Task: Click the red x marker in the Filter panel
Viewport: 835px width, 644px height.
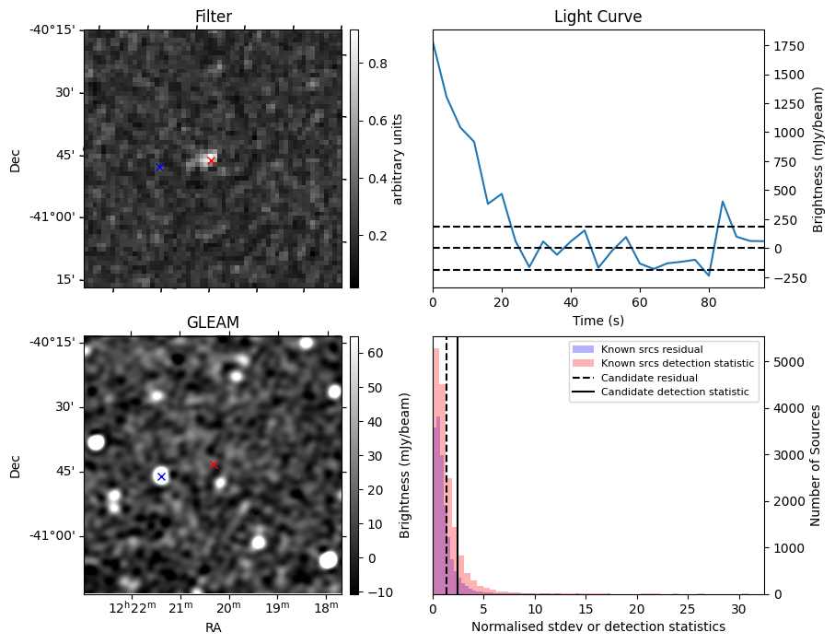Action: point(211,160)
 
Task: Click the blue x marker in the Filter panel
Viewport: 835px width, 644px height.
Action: point(159,167)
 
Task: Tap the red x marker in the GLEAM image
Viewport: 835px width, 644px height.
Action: point(215,465)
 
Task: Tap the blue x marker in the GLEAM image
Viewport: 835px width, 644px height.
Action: point(161,476)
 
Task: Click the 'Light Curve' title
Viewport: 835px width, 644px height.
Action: point(597,17)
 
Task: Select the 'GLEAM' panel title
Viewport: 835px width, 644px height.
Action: point(213,322)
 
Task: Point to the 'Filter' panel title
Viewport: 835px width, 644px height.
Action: point(213,17)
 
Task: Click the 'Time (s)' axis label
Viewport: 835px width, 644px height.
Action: point(597,319)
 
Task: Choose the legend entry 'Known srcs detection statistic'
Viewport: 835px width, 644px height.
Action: point(677,363)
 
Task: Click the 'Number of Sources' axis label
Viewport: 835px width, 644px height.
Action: point(816,465)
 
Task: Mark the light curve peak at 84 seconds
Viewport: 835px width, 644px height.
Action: point(723,201)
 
